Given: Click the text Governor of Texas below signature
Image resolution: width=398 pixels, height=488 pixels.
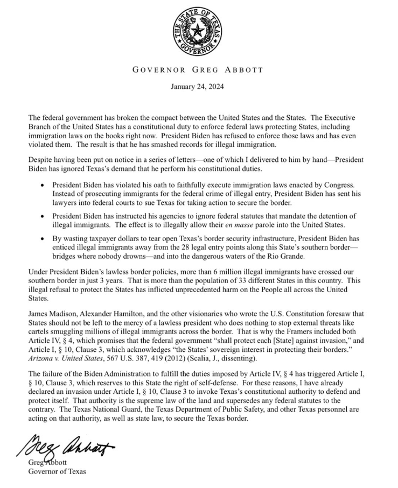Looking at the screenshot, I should [57, 472].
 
